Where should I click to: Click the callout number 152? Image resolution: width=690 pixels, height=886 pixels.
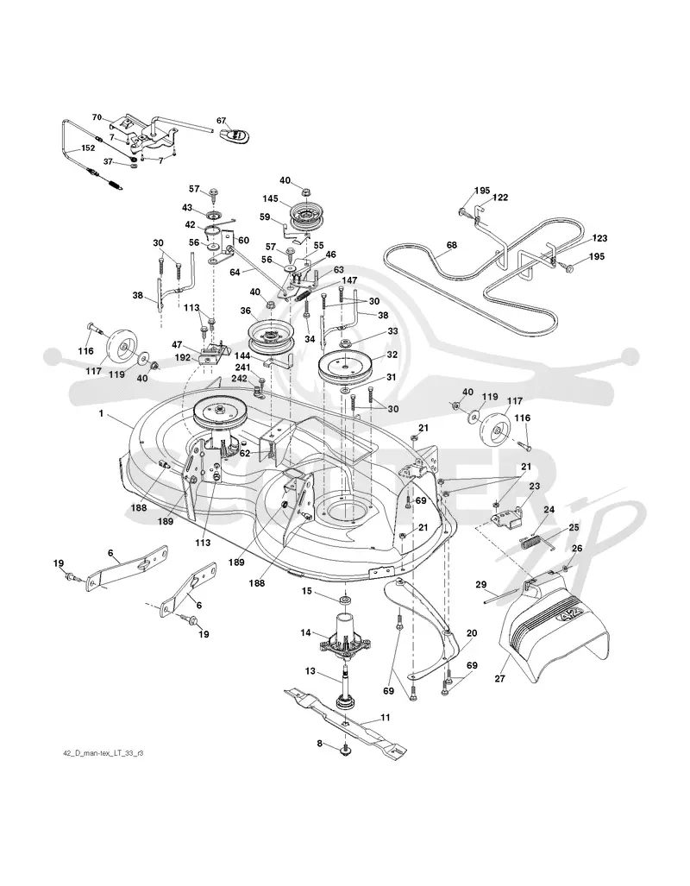[88, 148]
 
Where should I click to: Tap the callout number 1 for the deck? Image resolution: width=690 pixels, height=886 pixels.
[101, 413]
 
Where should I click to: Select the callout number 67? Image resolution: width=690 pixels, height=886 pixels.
[221, 121]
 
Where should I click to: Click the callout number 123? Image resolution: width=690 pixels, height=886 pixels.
[599, 238]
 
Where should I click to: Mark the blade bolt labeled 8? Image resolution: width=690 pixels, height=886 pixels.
[344, 749]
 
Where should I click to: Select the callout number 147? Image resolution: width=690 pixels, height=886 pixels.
[348, 280]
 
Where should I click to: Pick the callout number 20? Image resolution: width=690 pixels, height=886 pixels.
[471, 633]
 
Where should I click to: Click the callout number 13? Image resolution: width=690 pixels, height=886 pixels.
[310, 670]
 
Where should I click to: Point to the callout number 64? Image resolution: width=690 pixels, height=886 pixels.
[235, 273]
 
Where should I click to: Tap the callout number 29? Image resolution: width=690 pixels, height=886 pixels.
[480, 585]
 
